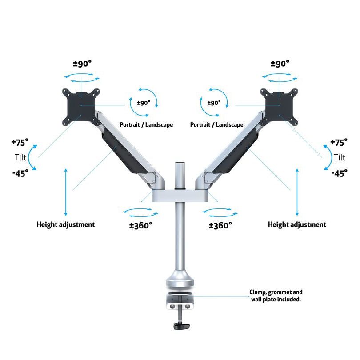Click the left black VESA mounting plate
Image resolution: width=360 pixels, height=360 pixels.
[x=81, y=107]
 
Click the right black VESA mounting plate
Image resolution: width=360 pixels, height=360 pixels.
[x=279, y=107]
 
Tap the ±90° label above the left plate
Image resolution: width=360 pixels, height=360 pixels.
[x=82, y=64]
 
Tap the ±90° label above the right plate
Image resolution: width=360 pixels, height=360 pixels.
[x=280, y=64]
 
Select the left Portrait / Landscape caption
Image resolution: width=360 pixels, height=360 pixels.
[x=146, y=125]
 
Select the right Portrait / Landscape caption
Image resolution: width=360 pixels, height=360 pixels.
[x=217, y=125]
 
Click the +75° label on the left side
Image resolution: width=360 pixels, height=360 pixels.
[x=20, y=142]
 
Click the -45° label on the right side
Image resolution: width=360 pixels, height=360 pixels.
[x=340, y=173]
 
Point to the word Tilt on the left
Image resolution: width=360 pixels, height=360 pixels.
[x=20, y=157]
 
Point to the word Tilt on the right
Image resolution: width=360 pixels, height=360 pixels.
[x=340, y=157]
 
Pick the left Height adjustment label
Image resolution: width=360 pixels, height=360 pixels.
[x=66, y=224]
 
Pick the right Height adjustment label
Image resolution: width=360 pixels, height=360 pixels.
[x=297, y=224]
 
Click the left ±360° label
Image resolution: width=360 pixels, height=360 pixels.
[x=141, y=225]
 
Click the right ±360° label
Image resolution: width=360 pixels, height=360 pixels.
[x=220, y=225]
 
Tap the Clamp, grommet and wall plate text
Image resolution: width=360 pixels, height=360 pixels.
[x=276, y=296]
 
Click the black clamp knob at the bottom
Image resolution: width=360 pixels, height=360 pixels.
[x=181, y=326]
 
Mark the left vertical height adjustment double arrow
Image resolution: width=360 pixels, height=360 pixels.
[x=66, y=192]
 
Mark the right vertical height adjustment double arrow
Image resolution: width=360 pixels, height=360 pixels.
[x=297, y=192]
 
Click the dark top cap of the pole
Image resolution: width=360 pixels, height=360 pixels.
[x=180, y=164]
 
